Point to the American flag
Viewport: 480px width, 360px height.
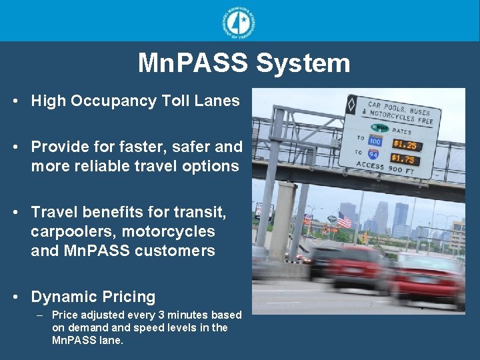click(x=343, y=220)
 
